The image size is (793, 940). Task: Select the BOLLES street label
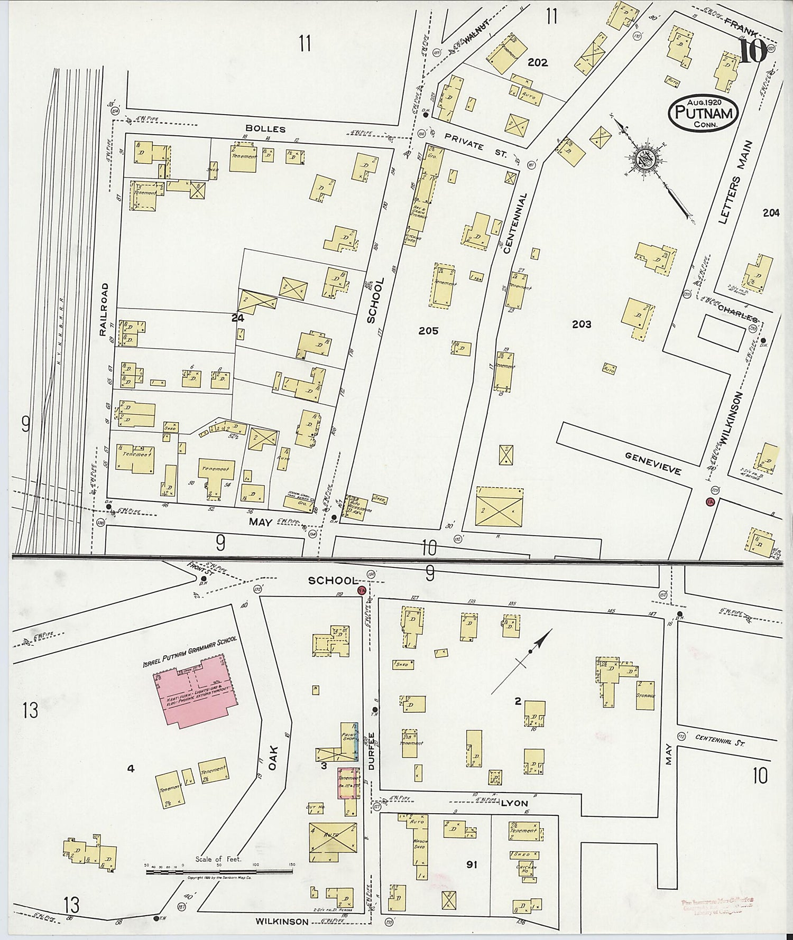pyautogui.click(x=272, y=129)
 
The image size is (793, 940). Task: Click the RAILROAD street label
pyautogui.click(x=104, y=309)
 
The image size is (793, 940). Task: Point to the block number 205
pyautogui.click(x=428, y=331)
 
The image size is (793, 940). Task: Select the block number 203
pyautogui.click(x=582, y=324)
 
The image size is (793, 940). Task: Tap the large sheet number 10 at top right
pyautogui.click(x=753, y=51)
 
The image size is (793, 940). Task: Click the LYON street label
pyautogui.click(x=514, y=803)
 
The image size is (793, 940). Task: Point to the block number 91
pyautogui.click(x=472, y=864)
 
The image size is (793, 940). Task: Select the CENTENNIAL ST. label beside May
pyautogui.click(x=720, y=740)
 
